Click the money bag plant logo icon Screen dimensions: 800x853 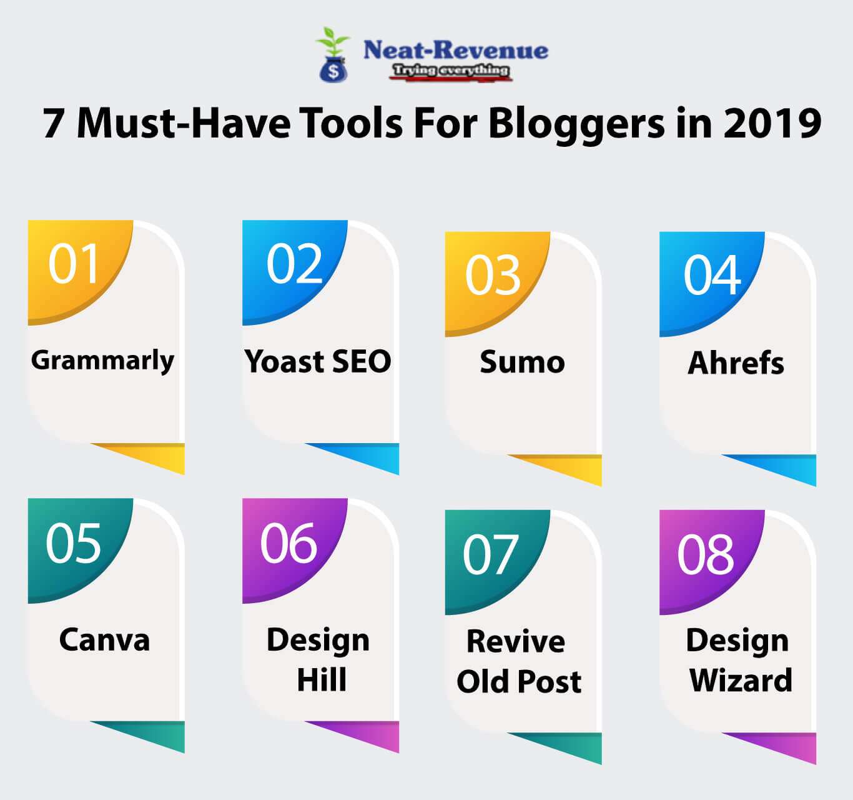click(x=333, y=55)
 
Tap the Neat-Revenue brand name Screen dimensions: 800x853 click(x=455, y=50)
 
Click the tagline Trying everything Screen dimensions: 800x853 click(x=450, y=71)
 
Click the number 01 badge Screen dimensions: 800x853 click(x=74, y=264)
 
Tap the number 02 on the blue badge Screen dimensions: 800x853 click(x=294, y=264)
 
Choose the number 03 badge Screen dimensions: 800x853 click(x=493, y=276)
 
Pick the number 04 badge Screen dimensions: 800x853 click(x=712, y=276)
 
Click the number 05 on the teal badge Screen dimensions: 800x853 click(x=73, y=542)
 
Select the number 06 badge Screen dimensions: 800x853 click(x=288, y=542)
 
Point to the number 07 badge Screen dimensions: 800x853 click(x=490, y=554)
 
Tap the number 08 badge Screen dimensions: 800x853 click(x=706, y=554)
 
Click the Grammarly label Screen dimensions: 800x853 click(x=102, y=361)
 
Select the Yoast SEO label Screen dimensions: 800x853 click(x=318, y=361)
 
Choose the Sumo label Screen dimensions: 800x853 click(x=522, y=362)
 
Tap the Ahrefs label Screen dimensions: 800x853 click(x=736, y=362)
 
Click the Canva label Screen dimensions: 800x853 click(x=104, y=640)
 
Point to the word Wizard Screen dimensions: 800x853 click(x=741, y=681)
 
